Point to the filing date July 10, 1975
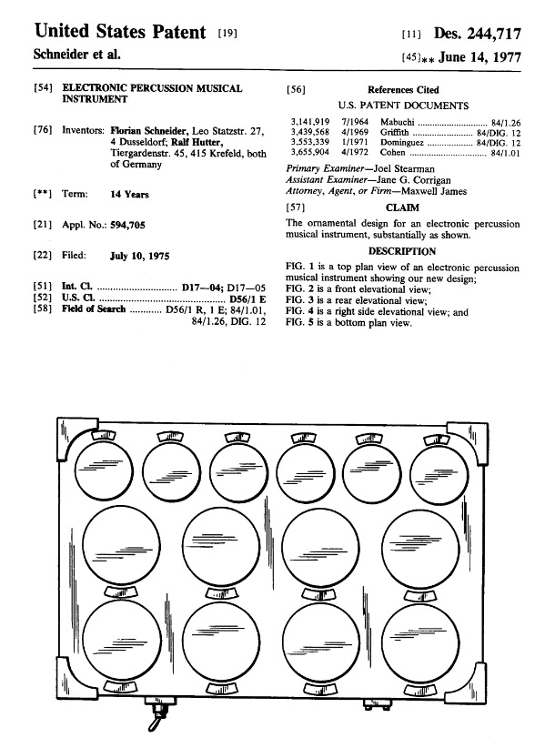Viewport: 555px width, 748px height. pos(139,256)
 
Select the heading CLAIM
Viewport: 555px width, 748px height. pos(402,207)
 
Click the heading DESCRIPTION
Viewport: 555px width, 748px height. pos(402,251)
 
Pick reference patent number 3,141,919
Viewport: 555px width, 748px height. pos(309,119)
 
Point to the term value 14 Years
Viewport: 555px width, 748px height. pos(130,194)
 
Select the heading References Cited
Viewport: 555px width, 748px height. pos(403,90)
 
